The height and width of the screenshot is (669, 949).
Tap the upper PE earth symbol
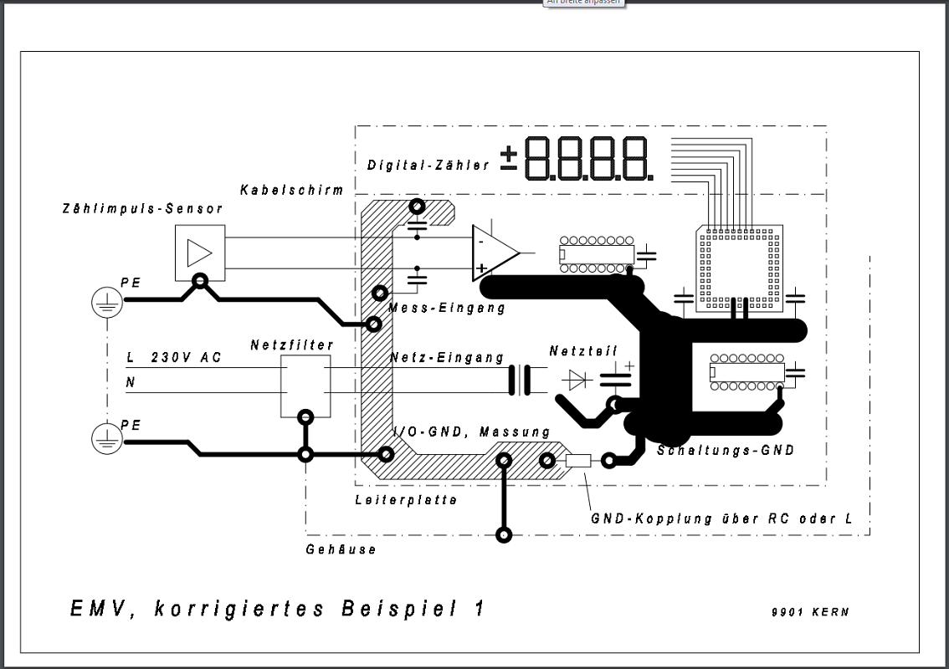pyautogui.click(x=107, y=303)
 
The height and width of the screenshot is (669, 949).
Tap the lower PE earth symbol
pyautogui.click(x=107, y=439)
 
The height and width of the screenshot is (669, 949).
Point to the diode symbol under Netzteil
pyautogui.click(x=577, y=380)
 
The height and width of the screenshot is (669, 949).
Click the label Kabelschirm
pyautogui.click(x=292, y=190)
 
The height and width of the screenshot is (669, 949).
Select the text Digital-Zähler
pyautogui.click(x=428, y=165)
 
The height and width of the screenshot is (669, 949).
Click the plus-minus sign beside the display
pyautogui.click(x=509, y=157)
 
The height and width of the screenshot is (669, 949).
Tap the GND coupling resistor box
pyautogui.click(x=578, y=461)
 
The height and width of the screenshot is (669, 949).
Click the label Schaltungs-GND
pyautogui.click(x=726, y=450)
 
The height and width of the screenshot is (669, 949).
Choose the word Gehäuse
pyautogui.click(x=341, y=549)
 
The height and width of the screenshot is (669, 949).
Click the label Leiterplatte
pyautogui.click(x=406, y=499)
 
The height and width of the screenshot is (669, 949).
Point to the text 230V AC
pyautogui.click(x=186, y=357)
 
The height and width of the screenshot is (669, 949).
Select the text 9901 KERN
pyautogui.click(x=810, y=612)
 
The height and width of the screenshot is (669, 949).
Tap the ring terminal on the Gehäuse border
pyautogui.click(x=504, y=534)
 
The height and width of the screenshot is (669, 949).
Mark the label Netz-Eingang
pyautogui.click(x=447, y=357)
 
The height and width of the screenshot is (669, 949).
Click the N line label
pyautogui.click(x=130, y=382)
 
